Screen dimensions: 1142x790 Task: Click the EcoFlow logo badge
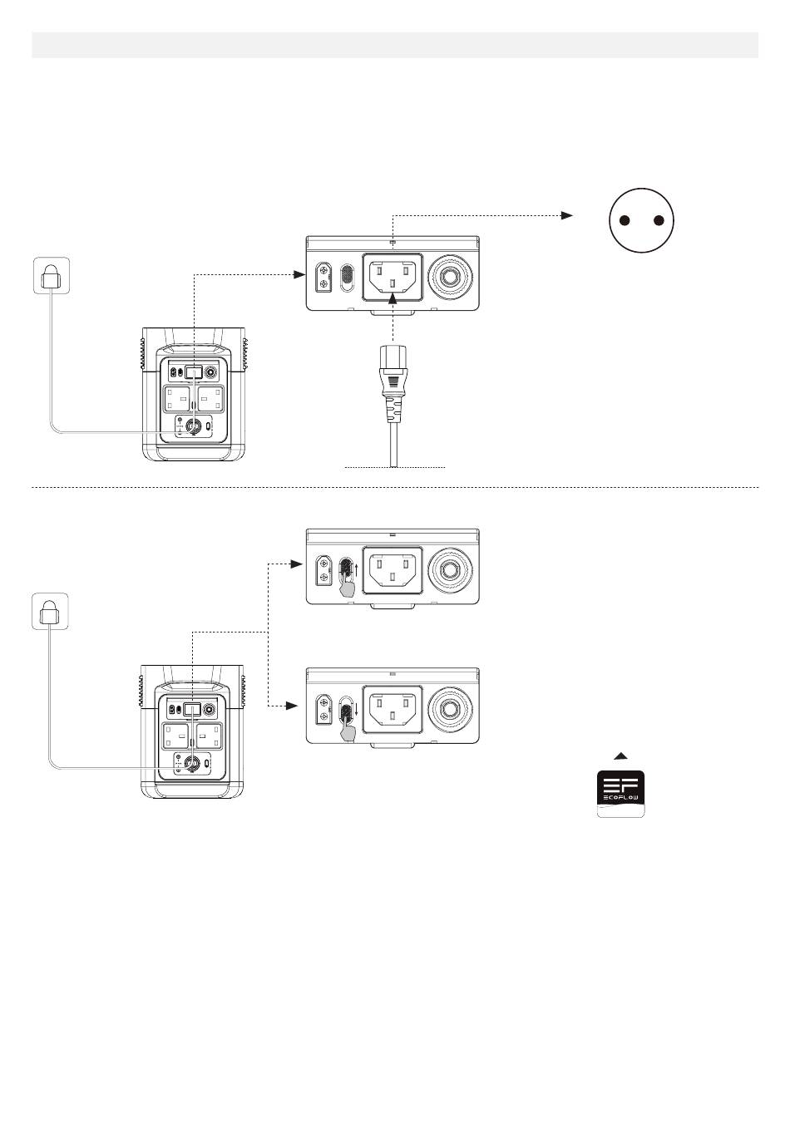coord(620,794)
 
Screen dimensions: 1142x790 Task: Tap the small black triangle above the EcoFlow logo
coord(620,756)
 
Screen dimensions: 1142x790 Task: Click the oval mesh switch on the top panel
coord(348,277)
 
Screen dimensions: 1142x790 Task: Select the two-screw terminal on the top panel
coord(323,277)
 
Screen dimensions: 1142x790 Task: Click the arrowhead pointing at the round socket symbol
coord(567,215)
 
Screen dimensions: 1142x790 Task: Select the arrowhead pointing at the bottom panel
coord(291,706)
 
